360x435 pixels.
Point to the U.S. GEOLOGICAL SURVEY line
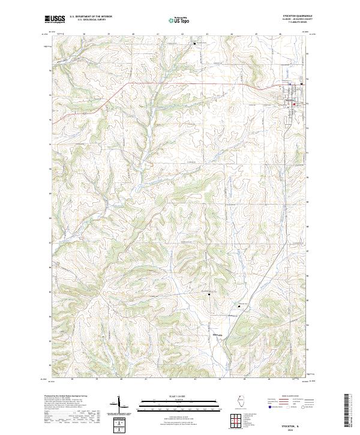coord(83,20)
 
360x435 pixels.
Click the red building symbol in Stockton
coord(293,106)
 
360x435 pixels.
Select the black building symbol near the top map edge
coord(194,43)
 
